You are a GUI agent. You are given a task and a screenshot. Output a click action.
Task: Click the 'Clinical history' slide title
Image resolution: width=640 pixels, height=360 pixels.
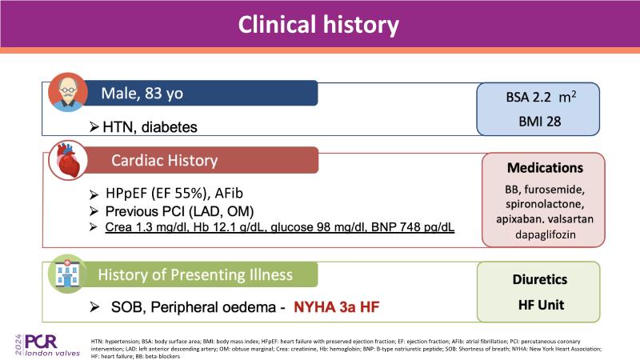point(318,25)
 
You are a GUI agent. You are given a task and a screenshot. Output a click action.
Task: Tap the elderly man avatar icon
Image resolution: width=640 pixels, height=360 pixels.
point(68,92)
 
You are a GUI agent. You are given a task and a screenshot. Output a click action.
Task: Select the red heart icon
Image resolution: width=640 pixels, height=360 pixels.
point(68,161)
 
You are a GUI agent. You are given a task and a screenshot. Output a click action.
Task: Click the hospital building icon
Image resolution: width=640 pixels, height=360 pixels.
point(67,274)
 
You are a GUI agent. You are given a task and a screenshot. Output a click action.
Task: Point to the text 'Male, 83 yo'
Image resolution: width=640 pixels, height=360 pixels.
point(142,94)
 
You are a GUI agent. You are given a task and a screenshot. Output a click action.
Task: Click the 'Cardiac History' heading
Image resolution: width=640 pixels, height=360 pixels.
point(165,161)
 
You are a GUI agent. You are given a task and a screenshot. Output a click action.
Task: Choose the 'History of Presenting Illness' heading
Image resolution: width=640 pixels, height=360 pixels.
point(195,274)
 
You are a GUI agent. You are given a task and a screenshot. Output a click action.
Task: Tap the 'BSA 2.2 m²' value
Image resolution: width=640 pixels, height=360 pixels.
point(541,97)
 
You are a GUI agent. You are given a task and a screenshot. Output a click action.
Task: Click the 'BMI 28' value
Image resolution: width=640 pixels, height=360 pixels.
point(539,122)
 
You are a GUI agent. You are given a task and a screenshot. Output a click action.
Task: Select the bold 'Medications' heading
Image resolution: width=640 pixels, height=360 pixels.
point(545,168)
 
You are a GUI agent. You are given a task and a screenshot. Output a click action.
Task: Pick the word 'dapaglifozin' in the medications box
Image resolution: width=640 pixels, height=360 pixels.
point(546,234)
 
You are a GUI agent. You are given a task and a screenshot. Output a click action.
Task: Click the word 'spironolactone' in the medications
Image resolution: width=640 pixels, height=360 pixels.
point(544,204)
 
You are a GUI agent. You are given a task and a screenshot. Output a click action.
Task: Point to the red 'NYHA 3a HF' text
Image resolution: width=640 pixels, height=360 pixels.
point(336,307)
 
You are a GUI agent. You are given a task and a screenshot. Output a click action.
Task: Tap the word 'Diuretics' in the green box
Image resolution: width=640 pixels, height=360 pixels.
point(539,279)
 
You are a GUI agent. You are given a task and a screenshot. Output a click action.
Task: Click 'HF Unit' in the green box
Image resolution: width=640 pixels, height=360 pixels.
point(541,305)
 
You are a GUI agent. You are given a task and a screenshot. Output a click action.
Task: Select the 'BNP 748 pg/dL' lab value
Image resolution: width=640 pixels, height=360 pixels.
point(413,227)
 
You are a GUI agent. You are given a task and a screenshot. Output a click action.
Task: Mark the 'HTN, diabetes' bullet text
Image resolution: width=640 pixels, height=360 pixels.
point(150,127)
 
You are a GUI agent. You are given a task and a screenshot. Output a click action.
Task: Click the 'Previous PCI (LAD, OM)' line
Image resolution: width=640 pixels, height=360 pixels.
point(179,211)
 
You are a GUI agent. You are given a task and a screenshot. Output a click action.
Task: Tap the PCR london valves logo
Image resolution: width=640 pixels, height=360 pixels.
point(48,346)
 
